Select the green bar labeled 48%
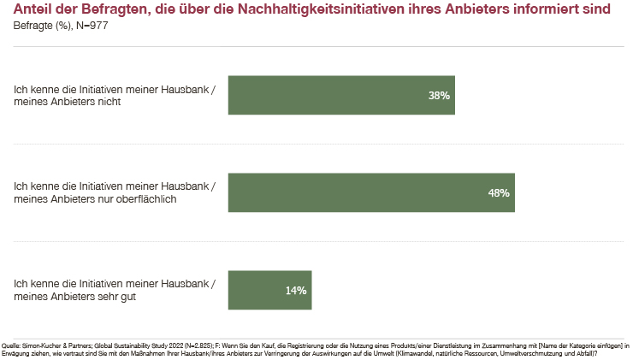(x=370, y=192)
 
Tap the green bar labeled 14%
(x=269, y=290)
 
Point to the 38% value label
(x=439, y=96)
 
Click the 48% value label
(x=499, y=193)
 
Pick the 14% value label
(x=296, y=291)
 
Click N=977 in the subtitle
(x=91, y=26)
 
